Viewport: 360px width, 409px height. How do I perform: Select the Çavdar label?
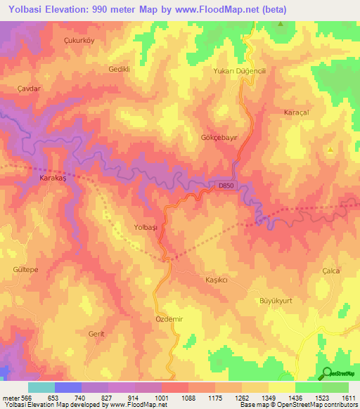(x=30, y=89)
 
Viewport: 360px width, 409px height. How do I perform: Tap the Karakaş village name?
(x=49, y=178)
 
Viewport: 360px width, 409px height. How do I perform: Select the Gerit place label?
(x=96, y=333)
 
